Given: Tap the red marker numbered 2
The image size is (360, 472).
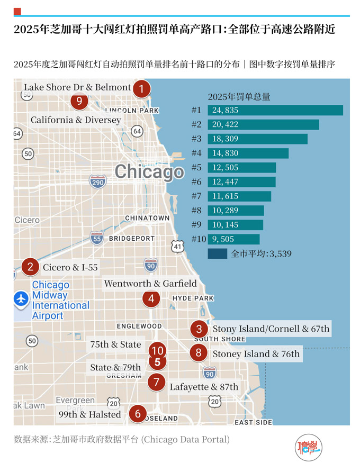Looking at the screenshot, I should coord(30,267).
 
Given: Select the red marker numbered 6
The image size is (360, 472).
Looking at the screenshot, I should coord(138,414).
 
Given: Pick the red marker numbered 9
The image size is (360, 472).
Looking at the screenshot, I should coord(79,101).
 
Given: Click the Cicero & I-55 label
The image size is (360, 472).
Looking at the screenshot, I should coord(70,268).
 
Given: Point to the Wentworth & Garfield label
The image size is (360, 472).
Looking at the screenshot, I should coord(150,284).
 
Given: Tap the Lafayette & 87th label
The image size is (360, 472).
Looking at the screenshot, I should coord(204,387).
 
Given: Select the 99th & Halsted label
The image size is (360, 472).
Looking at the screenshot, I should coord(89,414).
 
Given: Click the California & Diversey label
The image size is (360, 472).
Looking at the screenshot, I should coord(76,120).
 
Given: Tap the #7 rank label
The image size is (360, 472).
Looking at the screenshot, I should coord(196,196).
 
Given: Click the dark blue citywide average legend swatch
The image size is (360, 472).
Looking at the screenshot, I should coord(217,253).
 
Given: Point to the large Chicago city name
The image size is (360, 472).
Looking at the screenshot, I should coord(149,171).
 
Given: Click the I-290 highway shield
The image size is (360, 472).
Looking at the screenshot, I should coord(97,183).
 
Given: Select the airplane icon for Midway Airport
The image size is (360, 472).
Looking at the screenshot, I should coord(21,298).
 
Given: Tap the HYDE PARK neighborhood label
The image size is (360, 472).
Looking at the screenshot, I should coord(193,298).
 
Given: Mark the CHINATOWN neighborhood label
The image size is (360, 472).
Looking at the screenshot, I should coord(147,218).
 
